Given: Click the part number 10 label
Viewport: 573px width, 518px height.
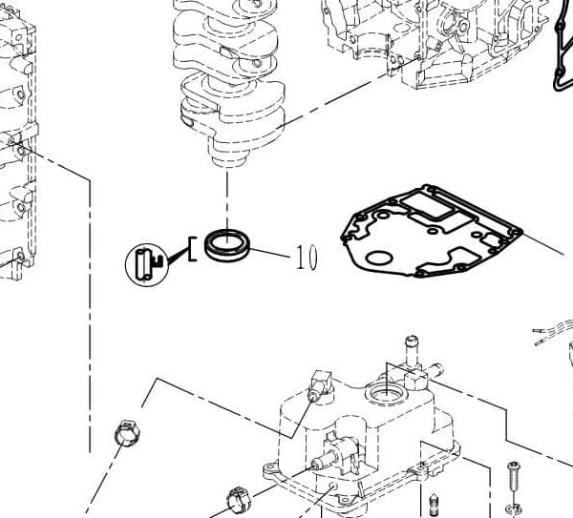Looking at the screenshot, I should point(306,257).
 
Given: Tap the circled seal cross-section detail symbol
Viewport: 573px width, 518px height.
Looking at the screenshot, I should point(146,261).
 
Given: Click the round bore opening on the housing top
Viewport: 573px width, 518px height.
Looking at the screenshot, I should point(387,393).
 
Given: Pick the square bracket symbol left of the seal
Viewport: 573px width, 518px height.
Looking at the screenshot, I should point(193,249).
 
